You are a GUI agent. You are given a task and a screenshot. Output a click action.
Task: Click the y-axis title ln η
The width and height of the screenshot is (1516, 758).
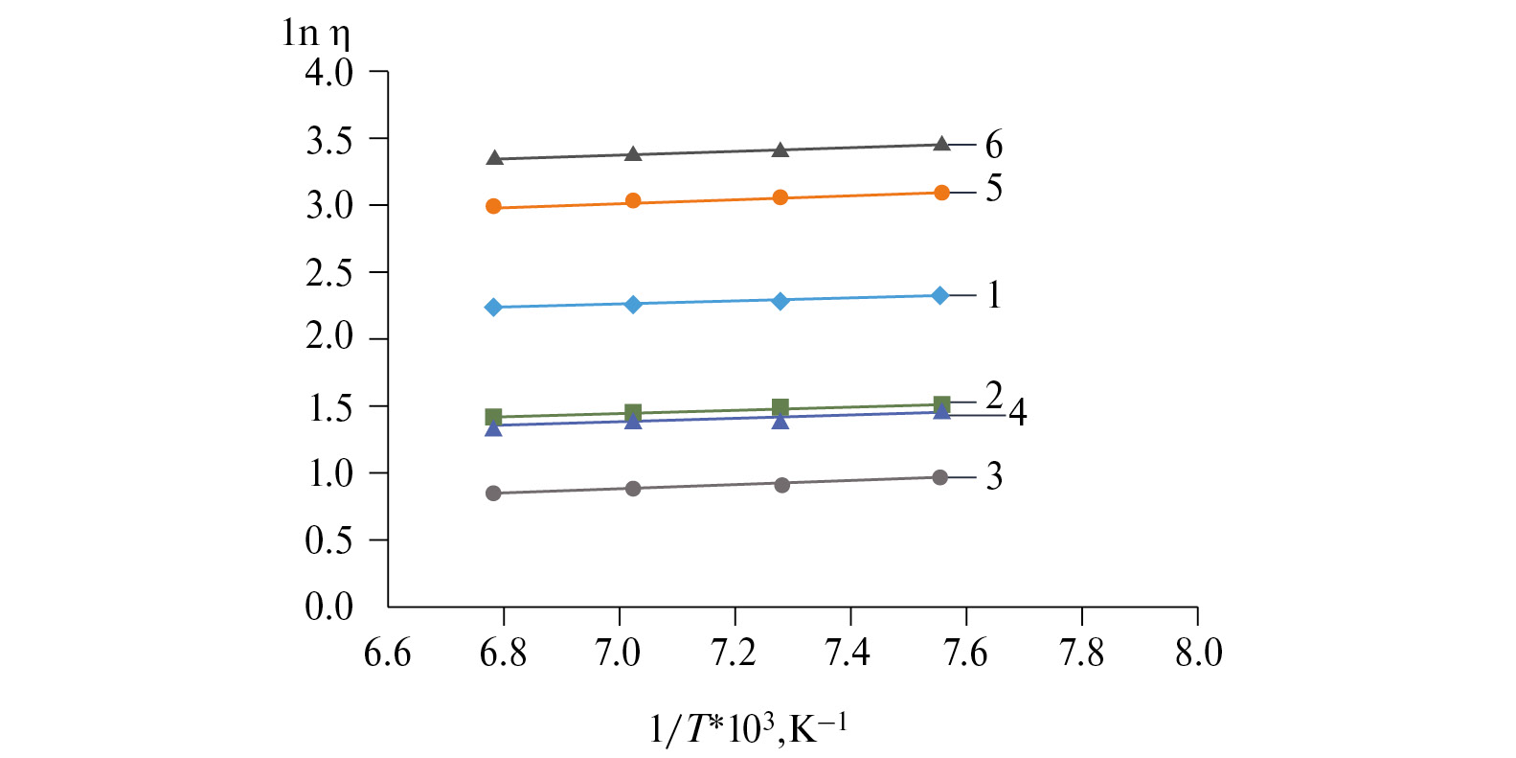[316, 34]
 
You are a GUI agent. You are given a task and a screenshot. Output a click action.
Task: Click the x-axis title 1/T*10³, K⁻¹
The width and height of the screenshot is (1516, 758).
[748, 729]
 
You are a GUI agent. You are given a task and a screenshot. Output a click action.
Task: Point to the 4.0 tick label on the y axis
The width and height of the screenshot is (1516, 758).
[329, 73]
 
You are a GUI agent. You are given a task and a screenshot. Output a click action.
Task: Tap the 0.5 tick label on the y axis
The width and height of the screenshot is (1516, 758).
[329, 540]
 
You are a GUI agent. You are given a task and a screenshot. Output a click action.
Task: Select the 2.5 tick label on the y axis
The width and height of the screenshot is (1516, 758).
[329, 273]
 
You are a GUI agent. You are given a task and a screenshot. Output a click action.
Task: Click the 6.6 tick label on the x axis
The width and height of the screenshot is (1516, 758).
[388, 654]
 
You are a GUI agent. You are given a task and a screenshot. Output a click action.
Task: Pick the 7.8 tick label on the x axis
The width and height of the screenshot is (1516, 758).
[1081, 654]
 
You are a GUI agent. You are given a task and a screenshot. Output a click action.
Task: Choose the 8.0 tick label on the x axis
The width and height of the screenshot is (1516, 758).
[1198, 654]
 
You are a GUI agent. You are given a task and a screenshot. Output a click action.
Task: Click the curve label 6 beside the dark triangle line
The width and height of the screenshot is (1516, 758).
[994, 146]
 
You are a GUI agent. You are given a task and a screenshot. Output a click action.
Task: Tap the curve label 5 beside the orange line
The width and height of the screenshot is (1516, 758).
[994, 189]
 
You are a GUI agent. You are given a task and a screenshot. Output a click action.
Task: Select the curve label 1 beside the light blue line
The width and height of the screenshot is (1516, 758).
[994, 295]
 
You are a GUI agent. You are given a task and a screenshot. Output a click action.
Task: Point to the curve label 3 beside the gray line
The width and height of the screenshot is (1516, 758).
[994, 476]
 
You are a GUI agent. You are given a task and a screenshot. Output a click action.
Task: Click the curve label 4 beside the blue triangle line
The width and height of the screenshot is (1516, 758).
[1018, 412]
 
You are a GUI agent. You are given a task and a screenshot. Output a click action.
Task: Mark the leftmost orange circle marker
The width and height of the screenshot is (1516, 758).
[494, 206]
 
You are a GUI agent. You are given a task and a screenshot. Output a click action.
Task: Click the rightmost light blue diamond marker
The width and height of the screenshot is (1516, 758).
[940, 295]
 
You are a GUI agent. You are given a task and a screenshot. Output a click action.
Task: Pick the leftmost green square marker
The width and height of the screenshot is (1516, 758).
[494, 416]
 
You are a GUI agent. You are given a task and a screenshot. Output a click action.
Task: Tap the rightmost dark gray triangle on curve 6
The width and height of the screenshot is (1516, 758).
[941, 144]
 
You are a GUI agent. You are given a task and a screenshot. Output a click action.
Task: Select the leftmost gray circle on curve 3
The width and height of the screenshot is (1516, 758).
[494, 494]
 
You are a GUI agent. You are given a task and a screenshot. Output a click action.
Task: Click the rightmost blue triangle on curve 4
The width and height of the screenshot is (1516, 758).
[941, 411]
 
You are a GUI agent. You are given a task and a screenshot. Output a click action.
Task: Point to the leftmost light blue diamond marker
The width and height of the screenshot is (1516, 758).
[494, 308]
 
